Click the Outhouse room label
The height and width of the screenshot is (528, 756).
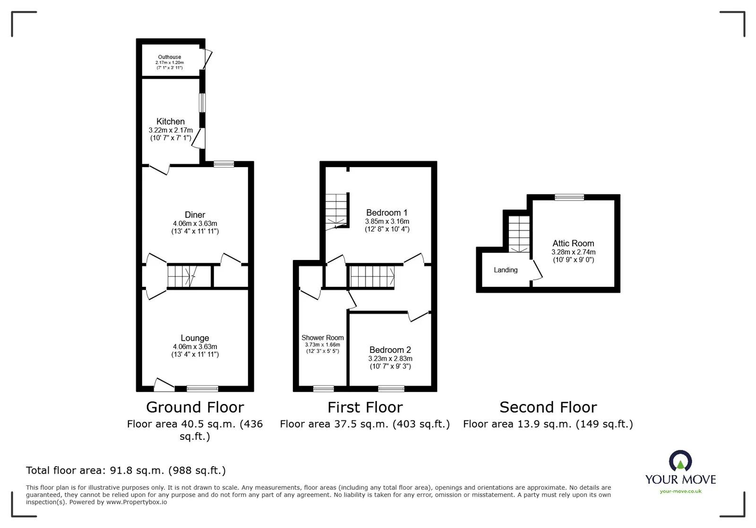pos(170,57)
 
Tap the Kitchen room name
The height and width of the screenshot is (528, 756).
pos(171,121)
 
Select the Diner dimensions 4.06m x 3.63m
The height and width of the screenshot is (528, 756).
pos(195,223)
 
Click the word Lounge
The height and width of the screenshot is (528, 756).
pos(195,338)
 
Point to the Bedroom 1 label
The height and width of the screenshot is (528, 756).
pos(387,213)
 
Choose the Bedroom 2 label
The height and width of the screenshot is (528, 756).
pos(390,350)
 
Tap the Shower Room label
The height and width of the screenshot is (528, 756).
pos(323,338)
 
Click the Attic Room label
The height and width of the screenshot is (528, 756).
pos(573,243)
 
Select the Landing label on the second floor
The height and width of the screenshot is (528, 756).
pos(506,270)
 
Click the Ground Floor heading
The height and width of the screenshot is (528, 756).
pos(195,407)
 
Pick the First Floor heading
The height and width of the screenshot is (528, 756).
pos(365,407)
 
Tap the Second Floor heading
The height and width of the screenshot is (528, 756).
pos(548,407)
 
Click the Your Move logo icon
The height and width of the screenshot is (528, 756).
pos(680,461)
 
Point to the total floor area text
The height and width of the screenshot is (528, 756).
pos(126,470)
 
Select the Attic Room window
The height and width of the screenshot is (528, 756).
pos(569,197)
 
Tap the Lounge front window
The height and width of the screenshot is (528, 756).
pos(203,388)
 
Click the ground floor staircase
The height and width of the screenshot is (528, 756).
pos(182,277)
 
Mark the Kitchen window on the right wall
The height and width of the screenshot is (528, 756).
pos(202,103)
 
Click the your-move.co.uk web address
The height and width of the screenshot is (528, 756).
pos(680,491)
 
